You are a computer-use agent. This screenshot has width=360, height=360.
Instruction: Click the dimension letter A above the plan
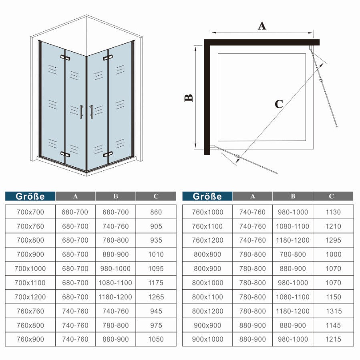coord(261,26)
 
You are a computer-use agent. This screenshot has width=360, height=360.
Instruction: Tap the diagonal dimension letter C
coord(279,104)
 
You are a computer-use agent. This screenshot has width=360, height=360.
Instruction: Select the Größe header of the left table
coord(30,196)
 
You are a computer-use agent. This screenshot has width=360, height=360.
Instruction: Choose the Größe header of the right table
coord(207,196)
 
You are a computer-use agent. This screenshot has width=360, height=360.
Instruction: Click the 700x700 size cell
coord(30,212)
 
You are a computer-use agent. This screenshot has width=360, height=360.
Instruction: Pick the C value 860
coord(156,212)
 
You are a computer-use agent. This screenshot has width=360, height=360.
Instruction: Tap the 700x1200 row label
coord(30,297)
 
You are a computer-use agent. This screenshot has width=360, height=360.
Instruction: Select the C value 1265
coord(156,297)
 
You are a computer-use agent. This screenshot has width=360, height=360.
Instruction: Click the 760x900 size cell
coord(30,339)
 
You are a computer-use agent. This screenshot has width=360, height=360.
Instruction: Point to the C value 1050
coord(156,339)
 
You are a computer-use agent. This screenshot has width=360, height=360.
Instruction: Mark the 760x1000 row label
coord(207,212)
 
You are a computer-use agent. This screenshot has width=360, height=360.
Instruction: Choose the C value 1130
coord(333,212)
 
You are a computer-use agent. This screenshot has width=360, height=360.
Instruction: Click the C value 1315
coord(333,311)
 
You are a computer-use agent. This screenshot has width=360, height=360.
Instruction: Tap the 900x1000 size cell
coord(207,339)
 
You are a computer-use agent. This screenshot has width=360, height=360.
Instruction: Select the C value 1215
coord(333,339)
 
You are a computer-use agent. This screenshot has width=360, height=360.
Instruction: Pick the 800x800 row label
coord(207,254)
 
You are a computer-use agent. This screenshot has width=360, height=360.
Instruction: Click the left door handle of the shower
coord(81,112)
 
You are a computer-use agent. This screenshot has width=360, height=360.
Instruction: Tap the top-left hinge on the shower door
coord(64,58)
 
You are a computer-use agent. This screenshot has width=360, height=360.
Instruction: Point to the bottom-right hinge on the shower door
coord(107,154)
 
